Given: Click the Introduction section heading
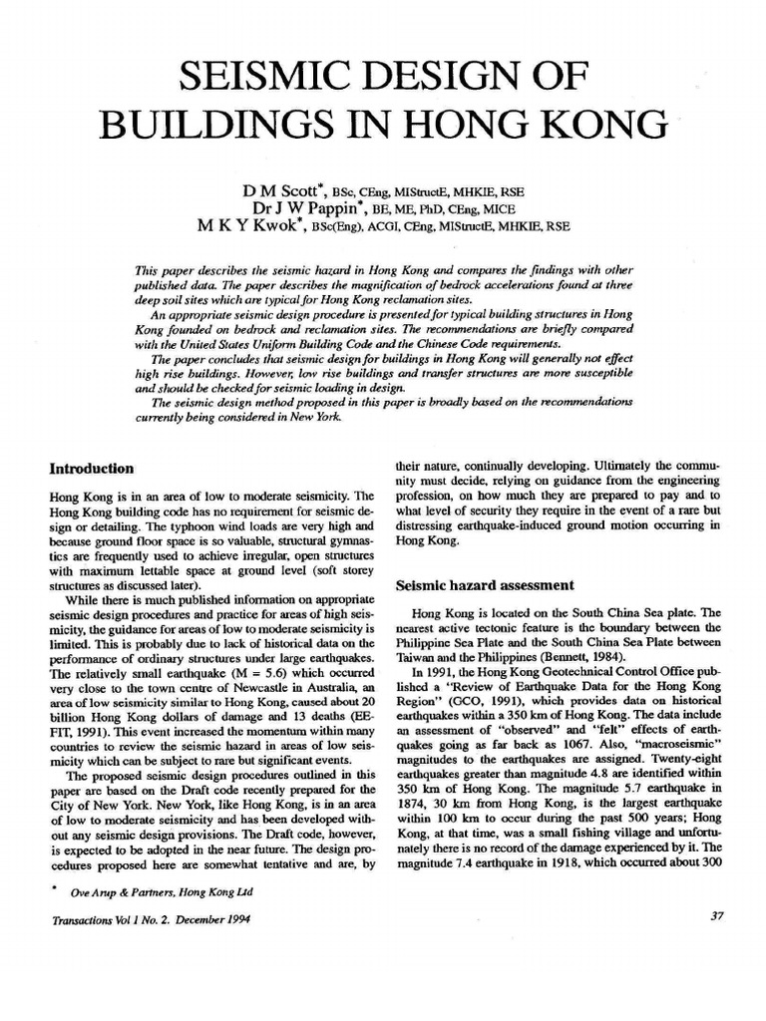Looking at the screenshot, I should [92, 467].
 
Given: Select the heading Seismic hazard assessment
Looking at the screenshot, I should [485, 585].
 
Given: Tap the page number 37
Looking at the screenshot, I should [715, 945].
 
